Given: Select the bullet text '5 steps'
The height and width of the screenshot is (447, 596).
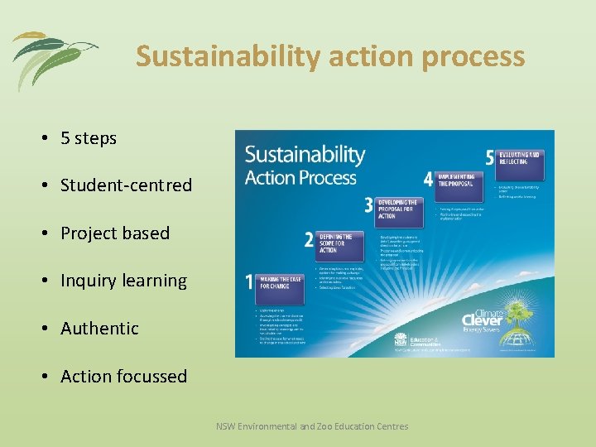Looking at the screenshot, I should pos(89,138).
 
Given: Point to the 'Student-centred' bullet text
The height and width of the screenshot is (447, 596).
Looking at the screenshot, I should pos(126,185).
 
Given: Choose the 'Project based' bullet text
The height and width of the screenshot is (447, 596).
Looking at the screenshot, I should pos(115,233).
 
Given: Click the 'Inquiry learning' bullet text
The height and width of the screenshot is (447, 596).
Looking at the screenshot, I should pos(123,281).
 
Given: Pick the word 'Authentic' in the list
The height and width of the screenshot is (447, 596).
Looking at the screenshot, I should pos(99,329).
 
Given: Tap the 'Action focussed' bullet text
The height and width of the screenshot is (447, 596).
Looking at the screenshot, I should pos(123,376).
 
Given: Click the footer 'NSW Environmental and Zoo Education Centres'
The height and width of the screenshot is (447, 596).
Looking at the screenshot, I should pos(312,426).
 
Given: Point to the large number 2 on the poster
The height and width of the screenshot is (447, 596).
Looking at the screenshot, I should pos(309,240).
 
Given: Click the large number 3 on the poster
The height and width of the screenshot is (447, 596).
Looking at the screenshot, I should pos(368,206).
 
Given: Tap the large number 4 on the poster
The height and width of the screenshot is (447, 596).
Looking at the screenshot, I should pos(427,179).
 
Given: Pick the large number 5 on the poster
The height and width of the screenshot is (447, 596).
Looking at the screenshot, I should pos(490,157).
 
